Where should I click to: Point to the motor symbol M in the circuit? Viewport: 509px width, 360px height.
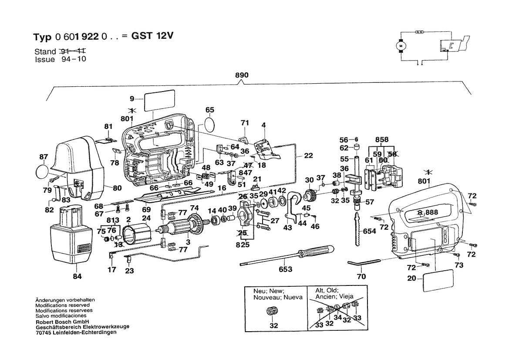[x=400, y=44]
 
